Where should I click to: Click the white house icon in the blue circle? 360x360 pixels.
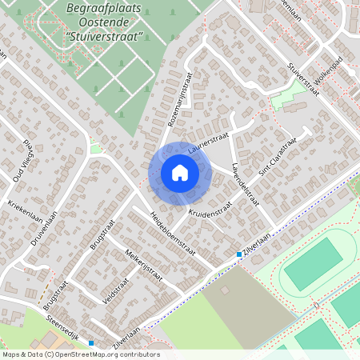(180, 173)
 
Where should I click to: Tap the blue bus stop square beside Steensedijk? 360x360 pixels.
(91, 343)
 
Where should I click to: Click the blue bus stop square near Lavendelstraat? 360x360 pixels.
(238, 254)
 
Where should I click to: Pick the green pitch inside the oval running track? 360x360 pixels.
(313, 265)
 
